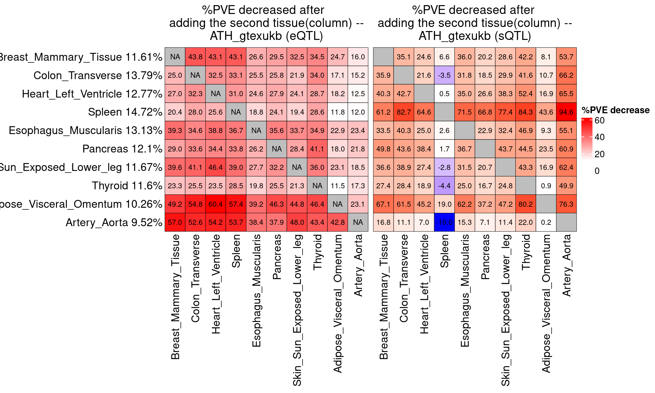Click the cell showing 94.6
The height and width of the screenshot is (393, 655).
(x=566, y=112)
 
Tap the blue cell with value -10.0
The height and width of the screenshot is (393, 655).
(x=444, y=222)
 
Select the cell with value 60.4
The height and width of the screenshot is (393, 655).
(x=216, y=204)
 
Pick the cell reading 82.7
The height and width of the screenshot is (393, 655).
(x=404, y=112)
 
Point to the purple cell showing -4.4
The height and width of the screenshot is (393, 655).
(x=444, y=186)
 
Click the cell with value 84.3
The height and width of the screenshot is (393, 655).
(x=526, y=112)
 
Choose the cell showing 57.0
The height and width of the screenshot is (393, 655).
(x=175, y=222)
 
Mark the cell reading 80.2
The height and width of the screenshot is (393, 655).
(x=526, y=204)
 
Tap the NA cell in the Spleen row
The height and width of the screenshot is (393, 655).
(x=236, y=112)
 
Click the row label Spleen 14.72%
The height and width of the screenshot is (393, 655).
(x=125, y=112)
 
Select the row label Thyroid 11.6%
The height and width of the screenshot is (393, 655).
(x=127, y=186)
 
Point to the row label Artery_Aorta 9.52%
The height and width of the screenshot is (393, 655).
(x=114, y=222)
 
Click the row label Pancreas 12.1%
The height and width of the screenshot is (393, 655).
(x=122, y=149)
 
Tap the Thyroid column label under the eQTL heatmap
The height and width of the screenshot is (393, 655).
(x=318, y=252)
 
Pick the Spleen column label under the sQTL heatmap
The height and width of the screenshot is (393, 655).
(x=444, y=251)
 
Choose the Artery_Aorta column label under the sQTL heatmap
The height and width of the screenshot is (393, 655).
(x=566, y=265)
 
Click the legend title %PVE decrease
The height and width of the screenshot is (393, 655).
(x=615, y=110)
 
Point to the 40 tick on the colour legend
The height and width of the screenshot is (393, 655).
(x=599, y=137)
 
